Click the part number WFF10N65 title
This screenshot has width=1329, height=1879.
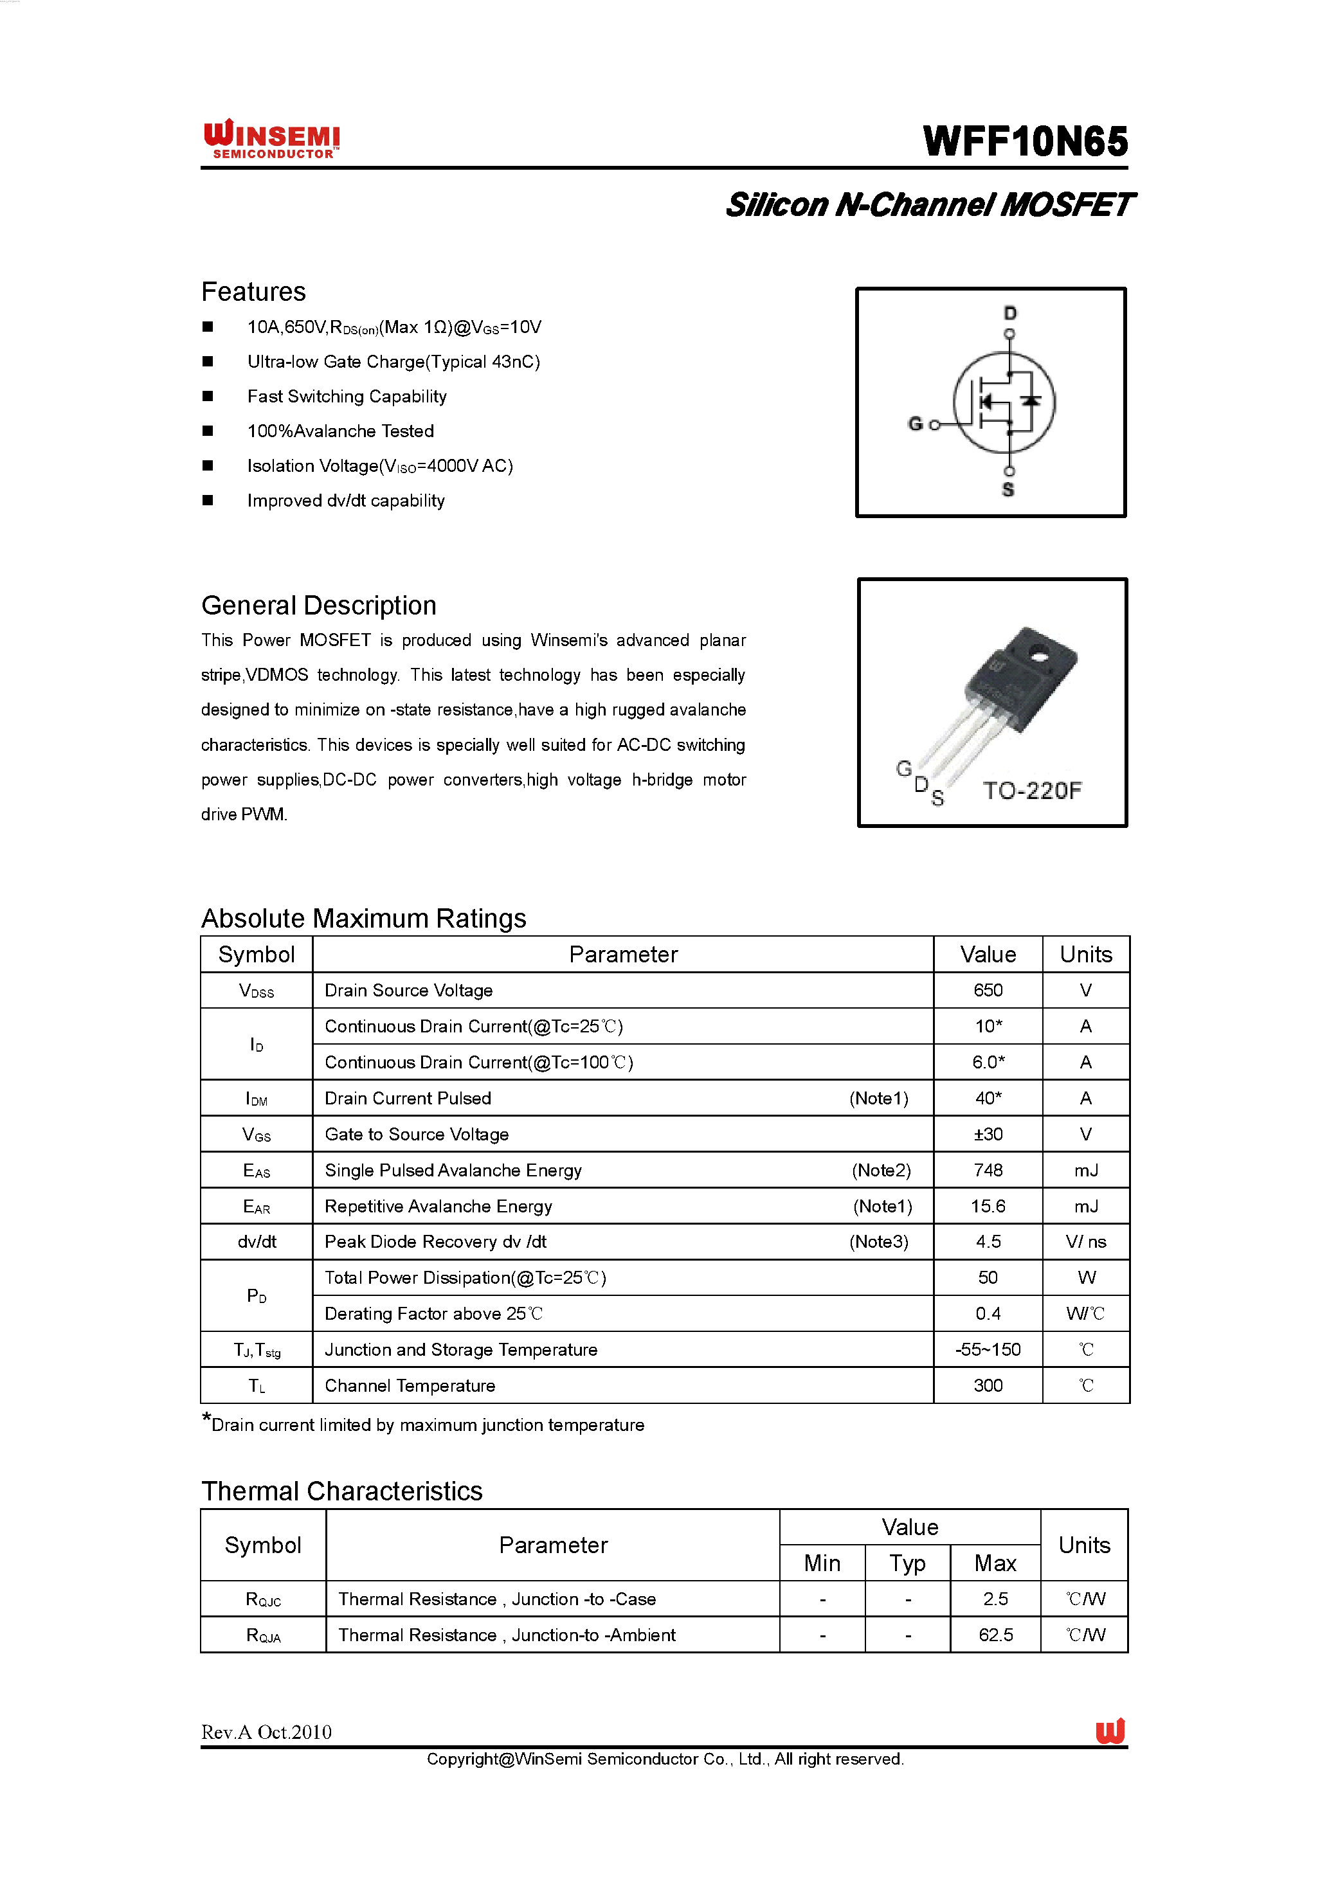[x=1025, y=141]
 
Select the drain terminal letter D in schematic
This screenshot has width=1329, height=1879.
[x=1010, y=314]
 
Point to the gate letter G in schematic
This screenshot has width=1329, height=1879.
[x=915, y=424]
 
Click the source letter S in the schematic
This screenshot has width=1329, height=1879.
[x=1008, y=490]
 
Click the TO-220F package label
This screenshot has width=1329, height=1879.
[x=1032, y=791]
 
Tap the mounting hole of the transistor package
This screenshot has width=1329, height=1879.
[x=1039, y=654]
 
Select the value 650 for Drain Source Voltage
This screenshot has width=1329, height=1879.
[x=988, y=990]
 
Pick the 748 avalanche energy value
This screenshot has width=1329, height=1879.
[x=988, y=1171]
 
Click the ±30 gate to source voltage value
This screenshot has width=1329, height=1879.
[x=988, y=1134]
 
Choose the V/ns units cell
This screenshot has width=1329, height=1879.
[x=1085, y=1243]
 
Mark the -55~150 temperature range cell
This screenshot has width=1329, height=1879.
[x=988, y=1349]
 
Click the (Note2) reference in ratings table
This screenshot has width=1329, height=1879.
[x=881, y=1171]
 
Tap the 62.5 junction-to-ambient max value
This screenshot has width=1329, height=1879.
[x=995, y=1635]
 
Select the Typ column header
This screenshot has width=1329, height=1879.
[x=908, y=1564]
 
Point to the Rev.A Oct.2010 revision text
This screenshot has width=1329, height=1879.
[x=267, y=1732]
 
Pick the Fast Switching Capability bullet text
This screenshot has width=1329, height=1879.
[x=347, y=397]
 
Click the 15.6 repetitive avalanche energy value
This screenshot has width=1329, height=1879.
[x=988, y=1207]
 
